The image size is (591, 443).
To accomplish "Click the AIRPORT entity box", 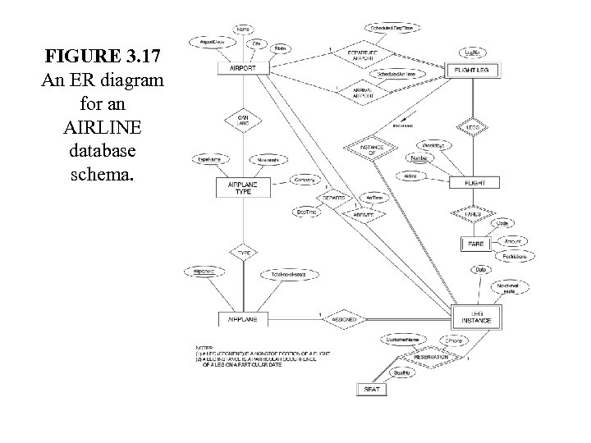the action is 242,70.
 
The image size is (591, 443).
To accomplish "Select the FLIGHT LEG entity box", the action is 471,71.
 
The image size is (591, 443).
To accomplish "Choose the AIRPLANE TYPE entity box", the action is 242,188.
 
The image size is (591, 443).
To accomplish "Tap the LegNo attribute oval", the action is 472,53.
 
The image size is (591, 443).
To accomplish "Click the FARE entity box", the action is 474,244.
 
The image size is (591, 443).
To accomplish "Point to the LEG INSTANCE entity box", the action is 477,316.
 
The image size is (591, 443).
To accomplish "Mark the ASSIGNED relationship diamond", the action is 347,317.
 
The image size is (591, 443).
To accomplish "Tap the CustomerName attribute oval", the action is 403,338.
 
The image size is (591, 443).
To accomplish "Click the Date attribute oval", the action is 480,269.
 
